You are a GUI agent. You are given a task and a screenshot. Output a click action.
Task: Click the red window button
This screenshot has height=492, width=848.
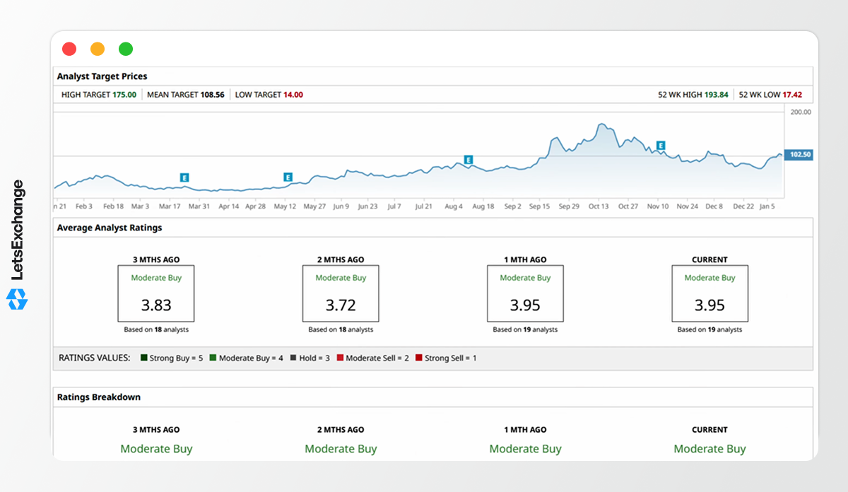(69, 49)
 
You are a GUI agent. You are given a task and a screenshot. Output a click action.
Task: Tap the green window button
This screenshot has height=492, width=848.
(126, 49)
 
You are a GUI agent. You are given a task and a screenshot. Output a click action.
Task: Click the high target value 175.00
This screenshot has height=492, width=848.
(124, 95)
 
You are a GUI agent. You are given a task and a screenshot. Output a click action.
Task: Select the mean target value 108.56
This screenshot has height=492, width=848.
(213, 95)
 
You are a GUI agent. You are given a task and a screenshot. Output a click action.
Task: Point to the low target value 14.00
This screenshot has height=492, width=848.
(293, 95)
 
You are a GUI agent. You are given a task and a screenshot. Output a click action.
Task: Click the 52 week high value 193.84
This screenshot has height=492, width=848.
(717, 95)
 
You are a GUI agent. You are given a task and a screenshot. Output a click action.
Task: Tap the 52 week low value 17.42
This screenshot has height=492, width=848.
(792, 95)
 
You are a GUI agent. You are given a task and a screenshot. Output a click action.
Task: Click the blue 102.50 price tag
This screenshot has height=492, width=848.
(799, 155)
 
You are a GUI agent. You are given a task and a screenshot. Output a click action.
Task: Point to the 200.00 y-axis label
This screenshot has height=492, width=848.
(801, 112)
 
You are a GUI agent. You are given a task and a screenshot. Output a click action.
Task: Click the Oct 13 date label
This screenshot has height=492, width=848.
(599, 206)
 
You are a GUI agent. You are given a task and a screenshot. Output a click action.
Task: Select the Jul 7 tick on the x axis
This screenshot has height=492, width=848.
(394, 206)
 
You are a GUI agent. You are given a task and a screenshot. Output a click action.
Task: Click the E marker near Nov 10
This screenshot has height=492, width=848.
(661, 146)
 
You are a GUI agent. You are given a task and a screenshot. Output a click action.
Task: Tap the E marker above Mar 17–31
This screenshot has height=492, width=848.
(184, 177)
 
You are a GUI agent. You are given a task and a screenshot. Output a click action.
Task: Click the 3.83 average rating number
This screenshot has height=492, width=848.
(156, 305)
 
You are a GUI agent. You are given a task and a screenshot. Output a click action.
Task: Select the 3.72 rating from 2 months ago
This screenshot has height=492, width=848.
(341, 305)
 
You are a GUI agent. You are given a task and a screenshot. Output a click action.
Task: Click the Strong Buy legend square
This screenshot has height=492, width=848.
(144, 358)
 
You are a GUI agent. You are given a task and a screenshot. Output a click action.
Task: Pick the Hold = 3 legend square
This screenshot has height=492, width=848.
(293, 358)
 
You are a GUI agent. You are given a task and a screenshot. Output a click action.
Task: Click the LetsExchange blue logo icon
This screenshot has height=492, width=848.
(17, 299)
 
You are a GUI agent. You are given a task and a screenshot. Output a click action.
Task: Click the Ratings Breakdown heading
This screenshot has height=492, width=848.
(99, 397)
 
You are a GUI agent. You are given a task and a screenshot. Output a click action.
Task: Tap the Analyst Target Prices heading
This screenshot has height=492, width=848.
(102, 76)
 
